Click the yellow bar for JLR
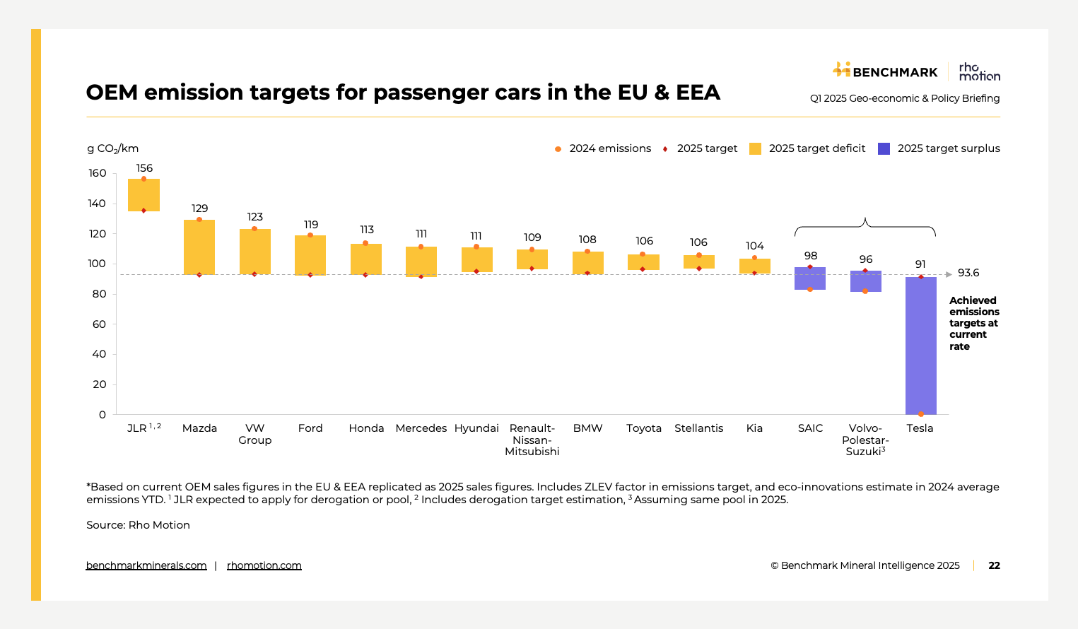tap(143, 195)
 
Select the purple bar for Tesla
tap(920, 346)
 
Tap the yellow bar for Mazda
tap(199, 247)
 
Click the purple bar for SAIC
tap(810, 278)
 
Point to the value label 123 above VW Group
tap(255, 217)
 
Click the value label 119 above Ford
tap(311, 225)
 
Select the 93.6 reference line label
tap(968, 273)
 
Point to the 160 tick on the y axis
tap(98, 173)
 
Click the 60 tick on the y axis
tap(99, 324)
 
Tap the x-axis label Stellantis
tap(698, 428)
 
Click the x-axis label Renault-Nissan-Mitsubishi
tap(532, 440)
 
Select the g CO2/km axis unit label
tap(112, 148)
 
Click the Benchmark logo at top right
tap(885, 71)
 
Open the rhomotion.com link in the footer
tap(264, 565)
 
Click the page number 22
tap(994, 565)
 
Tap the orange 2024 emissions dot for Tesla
tap(920, 414)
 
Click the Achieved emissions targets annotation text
tap(973, 323)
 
